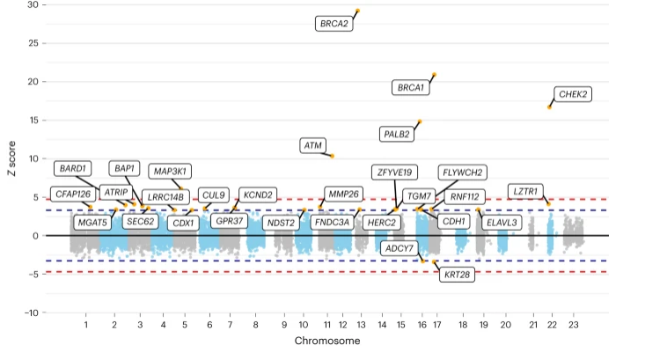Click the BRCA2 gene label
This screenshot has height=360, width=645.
point(334,24)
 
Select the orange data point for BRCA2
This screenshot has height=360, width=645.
point(357,11)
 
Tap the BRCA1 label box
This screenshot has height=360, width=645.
point(411,87)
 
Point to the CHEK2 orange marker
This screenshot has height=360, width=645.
point(550,107)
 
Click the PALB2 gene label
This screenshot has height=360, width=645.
point(397,135)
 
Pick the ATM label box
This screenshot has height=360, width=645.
point(313,144)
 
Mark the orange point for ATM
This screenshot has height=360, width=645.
point(332,156)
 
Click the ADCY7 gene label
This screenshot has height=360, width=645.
point(399,248)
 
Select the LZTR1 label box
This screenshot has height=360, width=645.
point(526,191)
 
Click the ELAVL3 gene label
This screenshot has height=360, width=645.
point(502,223)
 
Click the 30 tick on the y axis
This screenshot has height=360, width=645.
point(32,4)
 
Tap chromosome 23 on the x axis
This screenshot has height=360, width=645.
point(574,326)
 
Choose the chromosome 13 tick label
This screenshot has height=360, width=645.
point(362,326)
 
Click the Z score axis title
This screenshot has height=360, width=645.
point(11,158)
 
